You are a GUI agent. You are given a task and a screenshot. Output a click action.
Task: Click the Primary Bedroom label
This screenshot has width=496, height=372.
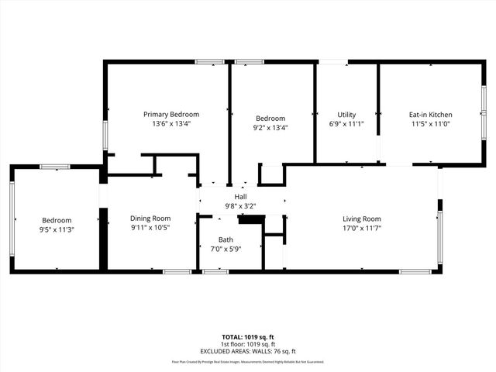coord(171,114)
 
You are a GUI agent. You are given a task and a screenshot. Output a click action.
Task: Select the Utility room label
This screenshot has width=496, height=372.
coord(346,115)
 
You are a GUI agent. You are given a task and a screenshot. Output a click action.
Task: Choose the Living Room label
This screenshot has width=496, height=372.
coord(362,219)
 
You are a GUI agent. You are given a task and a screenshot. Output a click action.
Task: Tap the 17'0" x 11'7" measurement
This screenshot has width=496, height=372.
coord(362,228)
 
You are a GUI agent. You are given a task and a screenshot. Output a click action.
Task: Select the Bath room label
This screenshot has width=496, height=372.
coord(226,239)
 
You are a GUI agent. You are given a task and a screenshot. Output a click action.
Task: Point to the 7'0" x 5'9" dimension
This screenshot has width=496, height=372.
coord(226,248)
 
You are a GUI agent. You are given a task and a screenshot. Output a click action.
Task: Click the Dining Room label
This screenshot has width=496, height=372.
coord(150,219)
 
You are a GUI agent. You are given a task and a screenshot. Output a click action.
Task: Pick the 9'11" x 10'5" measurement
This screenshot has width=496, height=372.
coord(150,228)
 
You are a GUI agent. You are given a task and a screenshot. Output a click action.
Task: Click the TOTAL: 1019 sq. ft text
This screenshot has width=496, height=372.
coord(248,337)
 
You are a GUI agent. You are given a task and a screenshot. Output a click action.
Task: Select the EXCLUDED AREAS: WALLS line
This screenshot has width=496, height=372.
coord(248,350)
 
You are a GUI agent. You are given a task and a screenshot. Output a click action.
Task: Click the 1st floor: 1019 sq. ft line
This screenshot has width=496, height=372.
coord(248,343)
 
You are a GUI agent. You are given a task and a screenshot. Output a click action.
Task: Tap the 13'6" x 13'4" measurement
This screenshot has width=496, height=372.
coord(171,123)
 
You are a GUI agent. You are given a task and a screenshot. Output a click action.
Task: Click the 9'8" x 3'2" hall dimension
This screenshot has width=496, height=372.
coord(240,206)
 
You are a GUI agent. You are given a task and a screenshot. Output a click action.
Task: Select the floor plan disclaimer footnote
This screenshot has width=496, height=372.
coord(248,362)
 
